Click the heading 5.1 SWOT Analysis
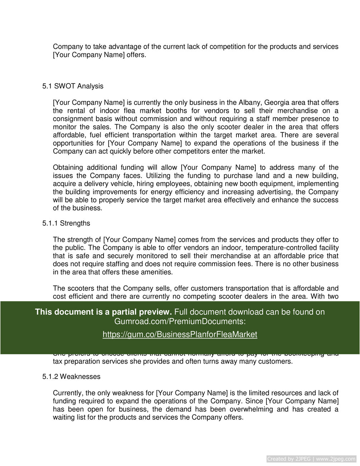click(x=73, y=86)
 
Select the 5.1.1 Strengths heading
click(x=66, y=224)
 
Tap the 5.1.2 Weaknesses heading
click(x=71, y=377)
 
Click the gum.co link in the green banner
click(x=180, y=335)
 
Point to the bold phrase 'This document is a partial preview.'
click(x=104, y=312)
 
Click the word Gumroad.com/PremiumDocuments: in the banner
click(x=180, y=321)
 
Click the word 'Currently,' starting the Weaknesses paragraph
click(x=68, y=393)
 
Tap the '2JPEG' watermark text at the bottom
click(x=303, y=459)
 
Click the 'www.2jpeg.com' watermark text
click(x=336, y=459)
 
